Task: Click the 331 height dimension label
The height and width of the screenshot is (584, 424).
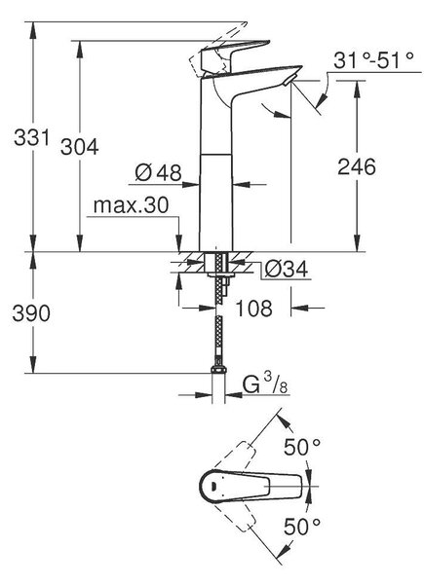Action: pos(32,137)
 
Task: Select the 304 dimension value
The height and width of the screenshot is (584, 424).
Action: pos(79,146)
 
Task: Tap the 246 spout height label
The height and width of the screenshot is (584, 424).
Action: pos(357,166)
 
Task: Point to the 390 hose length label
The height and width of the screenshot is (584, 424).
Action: pos(31,312)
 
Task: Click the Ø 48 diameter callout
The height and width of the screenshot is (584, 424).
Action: pos(158,172)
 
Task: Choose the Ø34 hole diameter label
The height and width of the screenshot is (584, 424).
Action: pos(286,269)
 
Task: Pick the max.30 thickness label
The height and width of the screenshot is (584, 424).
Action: pos(131,204)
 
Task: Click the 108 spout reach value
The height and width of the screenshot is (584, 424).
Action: pos(254,309)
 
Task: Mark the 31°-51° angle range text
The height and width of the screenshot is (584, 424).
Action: pos(373,60)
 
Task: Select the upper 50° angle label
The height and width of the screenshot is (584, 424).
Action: pos(302,447)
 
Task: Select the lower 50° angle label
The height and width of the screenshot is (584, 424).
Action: pos(302,526)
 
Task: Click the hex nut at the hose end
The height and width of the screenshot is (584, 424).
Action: pos(218,370)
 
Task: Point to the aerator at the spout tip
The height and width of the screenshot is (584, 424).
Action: pos(289,80)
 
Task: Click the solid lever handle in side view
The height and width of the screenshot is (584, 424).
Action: pos(235,55)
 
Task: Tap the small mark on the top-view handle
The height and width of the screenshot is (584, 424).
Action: pos(213,486)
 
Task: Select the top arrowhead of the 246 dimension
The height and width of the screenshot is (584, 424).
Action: pos(357,89)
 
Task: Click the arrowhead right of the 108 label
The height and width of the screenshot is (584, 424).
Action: pos(299,308)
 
